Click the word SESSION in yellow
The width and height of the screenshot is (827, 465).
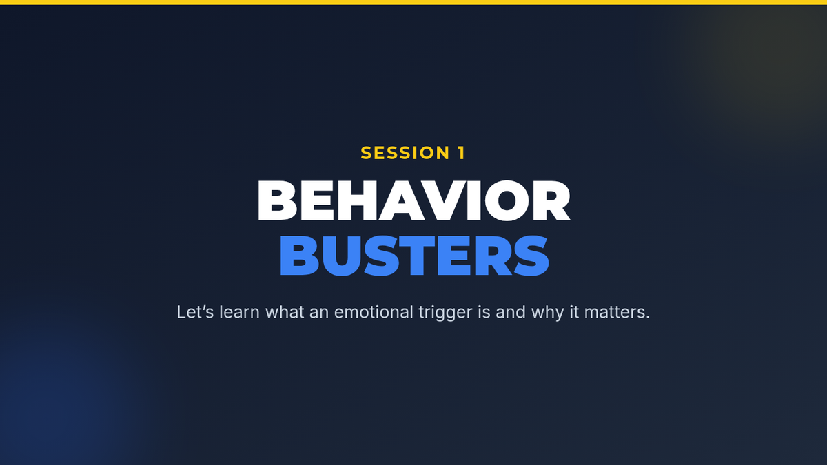(405, 153)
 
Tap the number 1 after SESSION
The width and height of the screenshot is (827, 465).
(461, 153)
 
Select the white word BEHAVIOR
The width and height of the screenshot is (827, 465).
(414, 200)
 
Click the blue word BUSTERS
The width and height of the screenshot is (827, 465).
(414, 256)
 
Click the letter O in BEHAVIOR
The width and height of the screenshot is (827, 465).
(507, 200)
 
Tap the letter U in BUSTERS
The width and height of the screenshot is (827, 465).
(342, 256)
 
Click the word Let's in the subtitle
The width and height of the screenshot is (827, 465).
(195, 312)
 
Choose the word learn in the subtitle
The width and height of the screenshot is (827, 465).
(239, 312)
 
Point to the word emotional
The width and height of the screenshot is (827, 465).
(374, 312)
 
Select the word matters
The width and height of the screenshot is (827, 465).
(613, 313)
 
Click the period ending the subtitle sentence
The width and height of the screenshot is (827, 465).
(647, 318)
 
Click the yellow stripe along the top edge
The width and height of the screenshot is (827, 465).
(413, 2)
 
